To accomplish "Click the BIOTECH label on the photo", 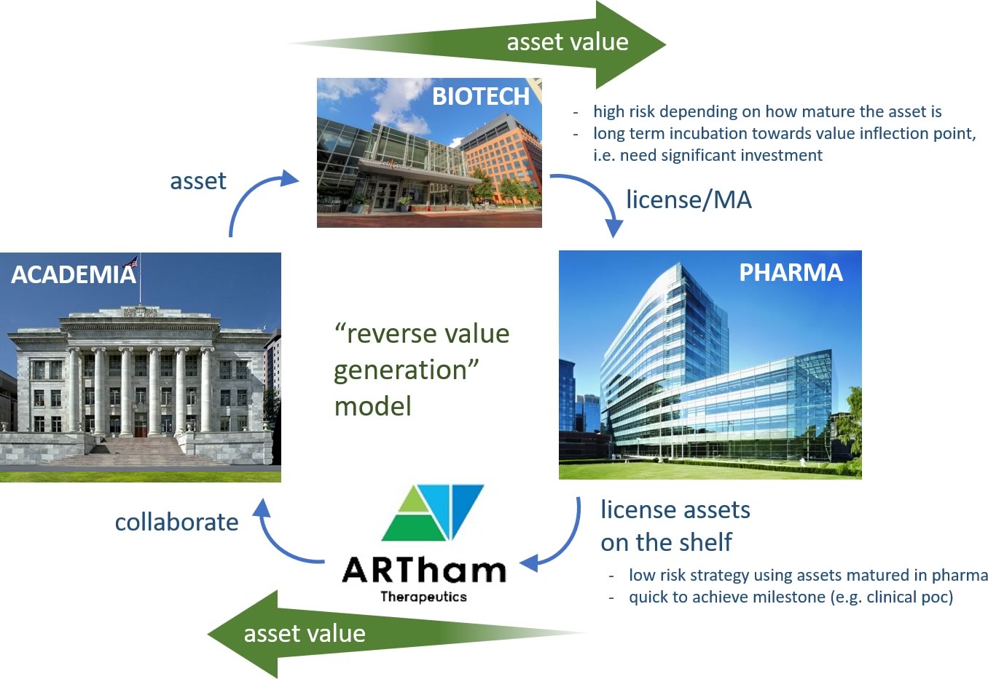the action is tap(481, 96).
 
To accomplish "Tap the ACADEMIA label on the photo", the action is tap(74, 274).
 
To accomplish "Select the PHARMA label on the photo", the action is tap(791, 272).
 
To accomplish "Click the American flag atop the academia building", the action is tap(132, 262).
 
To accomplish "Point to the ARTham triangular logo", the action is tap(433, 513).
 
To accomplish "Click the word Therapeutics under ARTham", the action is tap(424, 597).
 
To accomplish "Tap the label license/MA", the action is tap(689, 199).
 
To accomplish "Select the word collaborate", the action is tap(176, 522).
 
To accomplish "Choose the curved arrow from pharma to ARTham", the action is tap(569, 546).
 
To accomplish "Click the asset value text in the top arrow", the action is tap(568, 42).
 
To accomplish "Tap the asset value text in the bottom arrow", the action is tap(305, 634).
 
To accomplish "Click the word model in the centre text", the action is tap(373, 406).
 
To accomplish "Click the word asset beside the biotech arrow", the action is tap(198, 181).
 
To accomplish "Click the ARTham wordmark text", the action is tap(424, 570).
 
